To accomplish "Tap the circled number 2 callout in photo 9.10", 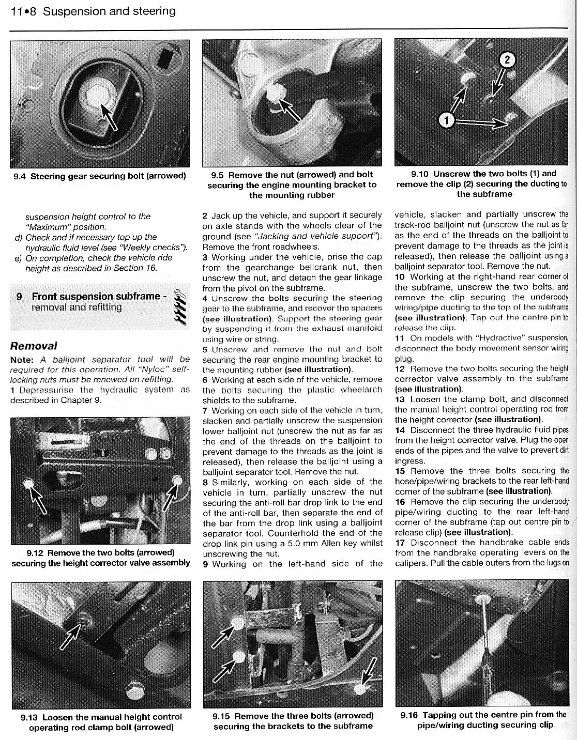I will [x=507, y=60].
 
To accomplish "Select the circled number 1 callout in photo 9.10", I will [x=445, y=121].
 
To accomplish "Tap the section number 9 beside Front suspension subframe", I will [x=19, y=297].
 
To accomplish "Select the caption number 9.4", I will [x=20, y=176].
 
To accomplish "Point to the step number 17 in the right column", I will [x=400, y=543].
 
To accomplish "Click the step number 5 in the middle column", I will [x=205, y=349].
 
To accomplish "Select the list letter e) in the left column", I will [x=19, y=258].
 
